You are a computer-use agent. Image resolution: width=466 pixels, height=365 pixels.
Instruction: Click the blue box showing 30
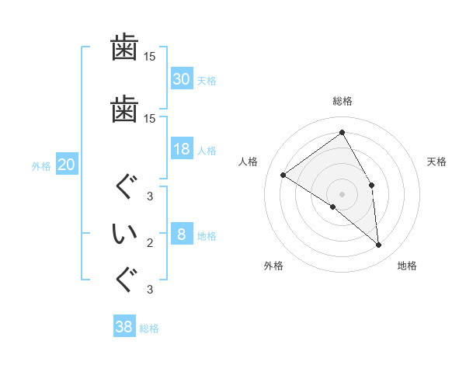[181, 79]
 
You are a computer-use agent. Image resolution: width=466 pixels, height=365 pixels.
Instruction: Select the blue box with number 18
[181, 150]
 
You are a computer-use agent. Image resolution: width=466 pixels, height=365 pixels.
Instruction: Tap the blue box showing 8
[181, 235]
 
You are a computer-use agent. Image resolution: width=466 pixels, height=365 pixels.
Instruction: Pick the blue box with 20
[66, 165]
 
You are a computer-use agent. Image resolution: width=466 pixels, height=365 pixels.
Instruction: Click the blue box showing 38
[124, 328]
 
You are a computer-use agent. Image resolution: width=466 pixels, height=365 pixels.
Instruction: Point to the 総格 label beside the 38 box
[150, 328]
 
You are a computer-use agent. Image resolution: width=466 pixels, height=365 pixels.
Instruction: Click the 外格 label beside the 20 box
[41, 165]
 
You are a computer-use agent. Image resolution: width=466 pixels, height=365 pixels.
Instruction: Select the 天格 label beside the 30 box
[207, 80]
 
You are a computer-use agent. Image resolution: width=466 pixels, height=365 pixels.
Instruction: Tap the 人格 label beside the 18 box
[207, 151]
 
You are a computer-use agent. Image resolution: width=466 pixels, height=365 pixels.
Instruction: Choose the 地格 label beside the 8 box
[207, 236]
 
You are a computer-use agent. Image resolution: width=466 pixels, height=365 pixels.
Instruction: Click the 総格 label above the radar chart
[342, 101]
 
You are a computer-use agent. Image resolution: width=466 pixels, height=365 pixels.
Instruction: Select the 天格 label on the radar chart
[436, 162]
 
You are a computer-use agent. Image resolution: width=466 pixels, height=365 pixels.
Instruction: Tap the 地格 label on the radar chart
[407, 266]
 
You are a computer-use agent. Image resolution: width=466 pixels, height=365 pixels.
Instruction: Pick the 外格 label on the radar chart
[273, 266]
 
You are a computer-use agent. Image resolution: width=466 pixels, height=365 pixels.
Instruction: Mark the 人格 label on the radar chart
[249, 162]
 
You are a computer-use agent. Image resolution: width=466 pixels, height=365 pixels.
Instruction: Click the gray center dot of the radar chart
[342, 193]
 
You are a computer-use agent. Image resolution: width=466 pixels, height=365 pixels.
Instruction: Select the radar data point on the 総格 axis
[342, 133]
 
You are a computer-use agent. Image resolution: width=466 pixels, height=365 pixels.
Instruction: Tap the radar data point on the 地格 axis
[379, 245]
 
